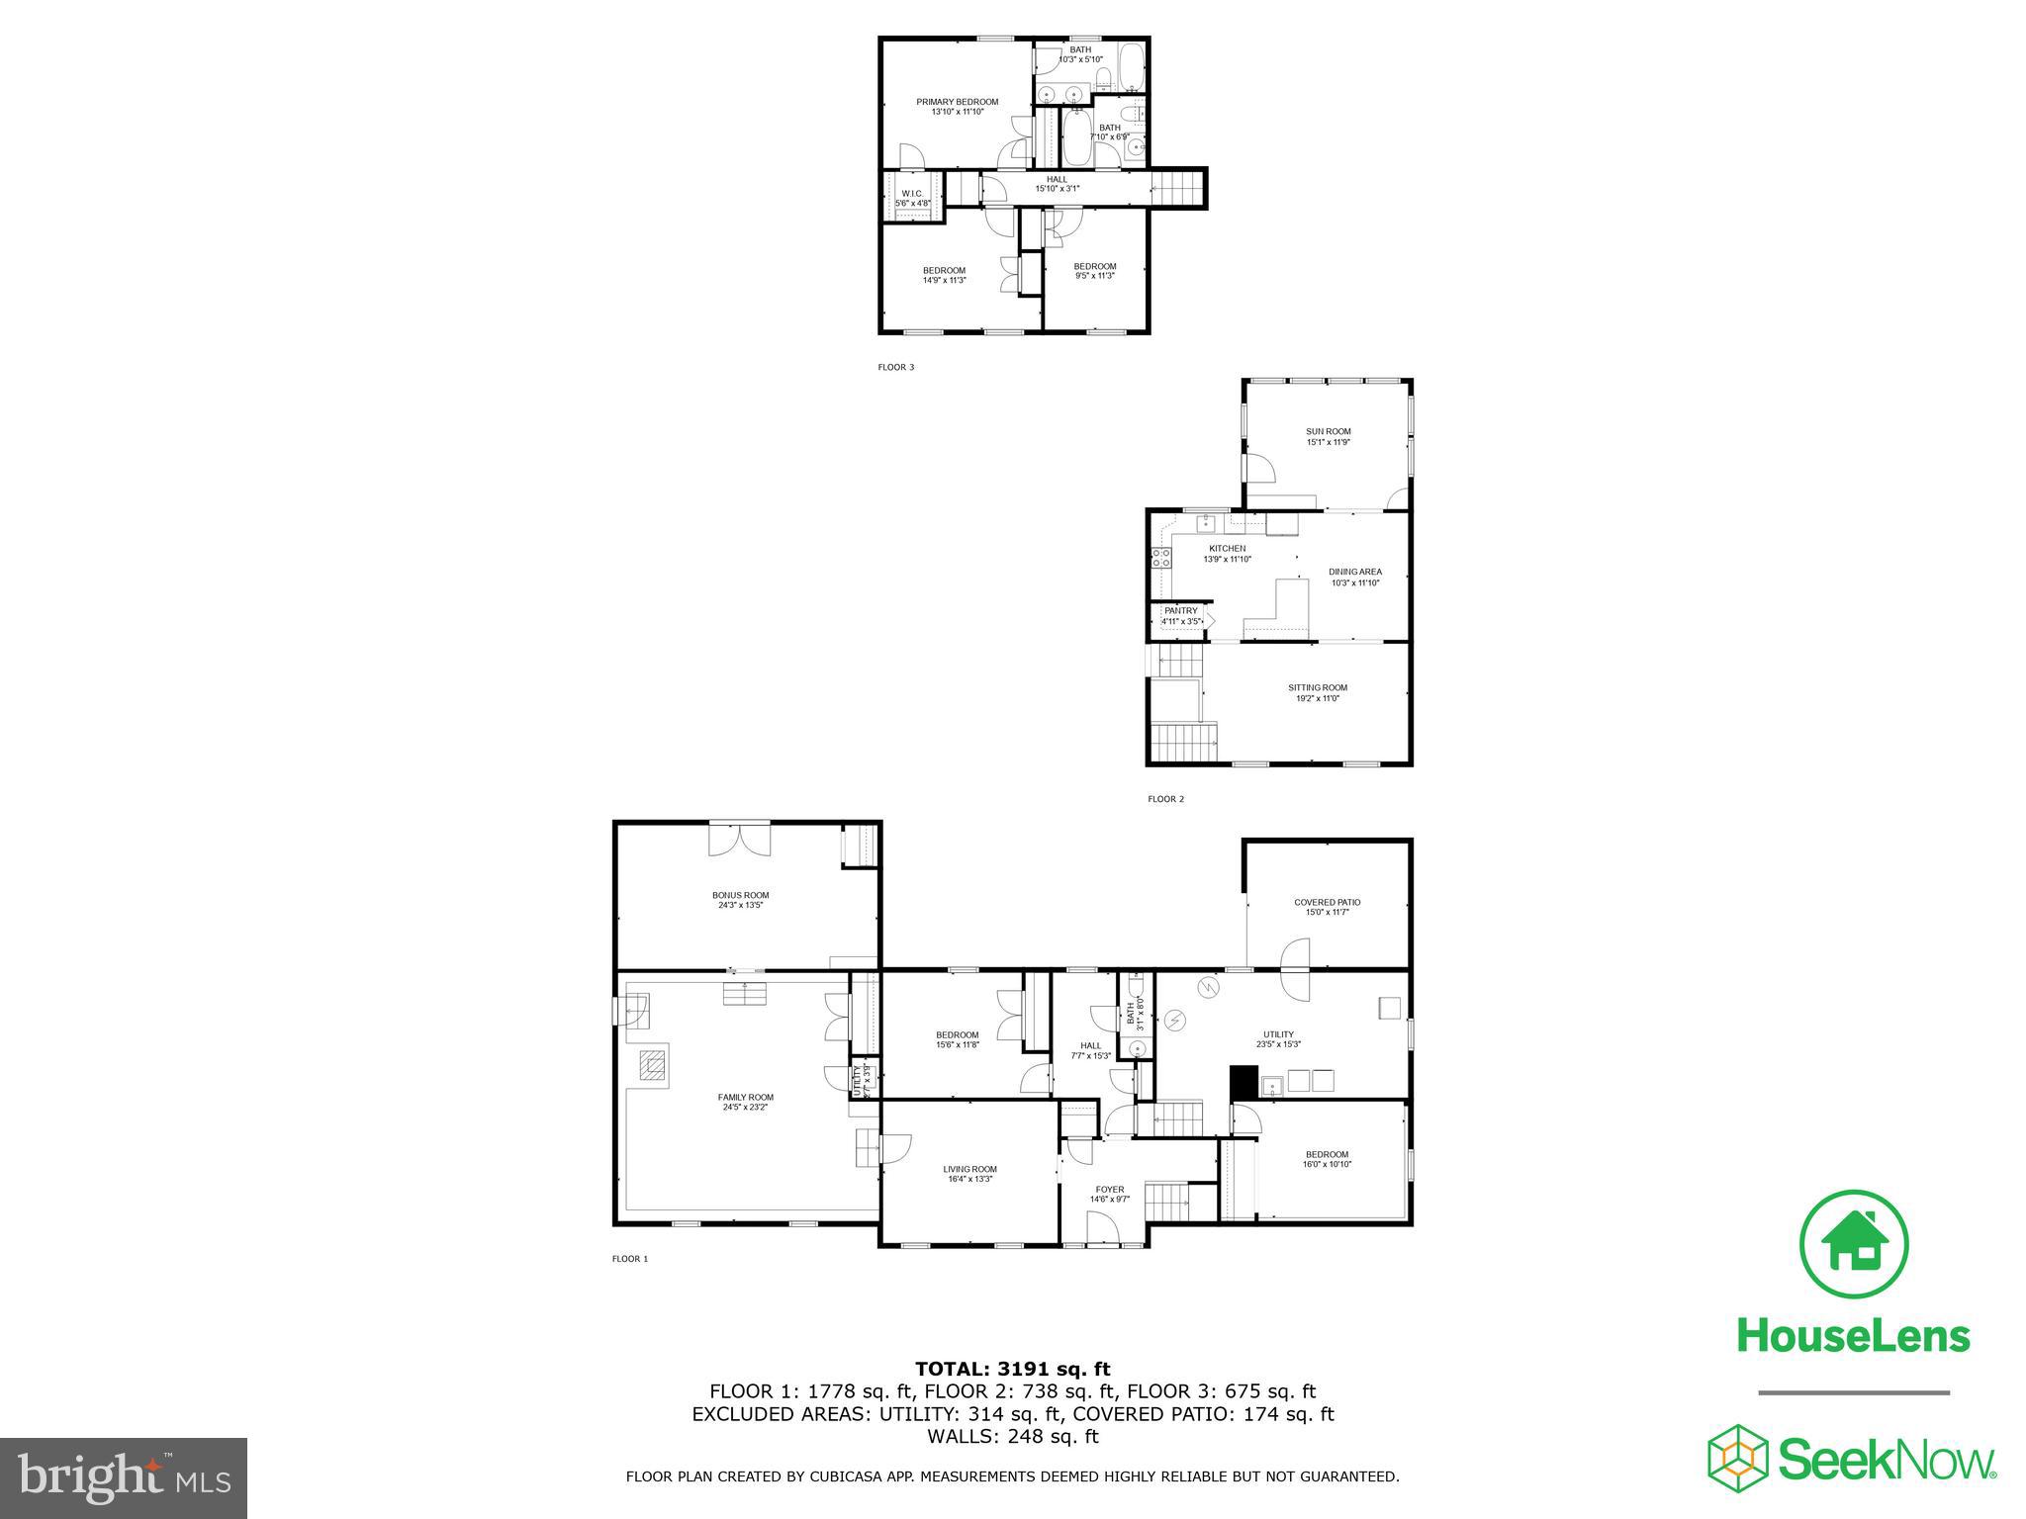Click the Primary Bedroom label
pyautogui.click(x=957, y=102)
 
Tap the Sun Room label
pyautogui.click(x=1328, y=432)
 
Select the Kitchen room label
pyautogui.click(x=1227, y=549)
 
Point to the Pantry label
pyautogui.click(x=1180, y=611)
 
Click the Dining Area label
pyautogui.click(x=1354, y=573)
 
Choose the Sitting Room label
pyautogui.click(x=1317, y=688)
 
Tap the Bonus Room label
pyautogui.click(x=743, y=896)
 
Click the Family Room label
pyautogui.click(x=745, y=1098)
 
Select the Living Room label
pyautogui.click(x=969, y=1170)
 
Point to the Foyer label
pyautogui.click(x=1109, y=1191)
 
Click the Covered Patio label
pyautogui.click(x=1327, y=903)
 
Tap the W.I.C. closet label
pyautogui.click(x=912, y=194)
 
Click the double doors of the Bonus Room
pyautogui.click(x=740, y=840)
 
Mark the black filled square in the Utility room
pyautogui.click(x=1243, y=1082)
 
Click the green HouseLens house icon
pyautogui.click(x=1854, y=1245)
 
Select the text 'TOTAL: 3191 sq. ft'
pyautogui.click(x=1012, y=1369)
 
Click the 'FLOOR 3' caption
pyautogui.click(x=896, y=368)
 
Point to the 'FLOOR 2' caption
pyautogui.click(x=1165, y=799)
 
